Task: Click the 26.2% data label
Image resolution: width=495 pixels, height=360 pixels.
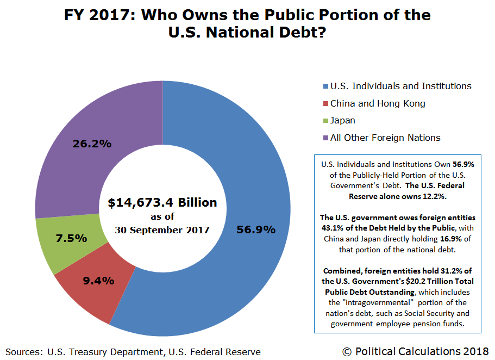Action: tap(92, 144)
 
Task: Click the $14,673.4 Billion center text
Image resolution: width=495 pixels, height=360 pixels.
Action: tap(162, 203)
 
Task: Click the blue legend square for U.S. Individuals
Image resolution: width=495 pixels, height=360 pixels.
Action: tap(325, 86)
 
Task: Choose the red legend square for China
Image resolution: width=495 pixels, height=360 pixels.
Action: tap(325, 104)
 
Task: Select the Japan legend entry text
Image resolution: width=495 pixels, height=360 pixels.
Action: tap(342, 120)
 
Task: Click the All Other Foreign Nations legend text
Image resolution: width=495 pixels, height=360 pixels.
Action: tap(385, 138)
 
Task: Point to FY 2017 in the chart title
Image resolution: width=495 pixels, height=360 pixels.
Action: tap(100, 15)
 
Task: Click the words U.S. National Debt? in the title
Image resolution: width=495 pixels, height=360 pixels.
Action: tap(247, 33)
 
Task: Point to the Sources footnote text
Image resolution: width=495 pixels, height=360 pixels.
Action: tap(133, 352)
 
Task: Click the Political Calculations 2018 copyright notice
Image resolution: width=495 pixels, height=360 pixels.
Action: tap(416, 351)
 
